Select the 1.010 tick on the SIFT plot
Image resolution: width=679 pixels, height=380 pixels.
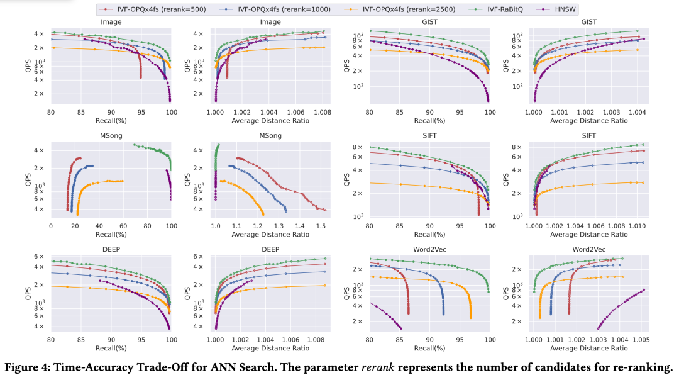(636, 225)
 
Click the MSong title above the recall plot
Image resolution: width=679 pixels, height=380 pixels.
(111, 136)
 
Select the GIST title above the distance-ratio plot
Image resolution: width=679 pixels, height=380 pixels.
(588, 22)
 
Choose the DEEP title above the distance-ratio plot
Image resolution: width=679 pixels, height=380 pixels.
(270, 250)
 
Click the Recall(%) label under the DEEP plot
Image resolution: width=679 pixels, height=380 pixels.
(111, 348)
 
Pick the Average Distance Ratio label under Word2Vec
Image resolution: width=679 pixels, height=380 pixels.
(588, 348)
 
